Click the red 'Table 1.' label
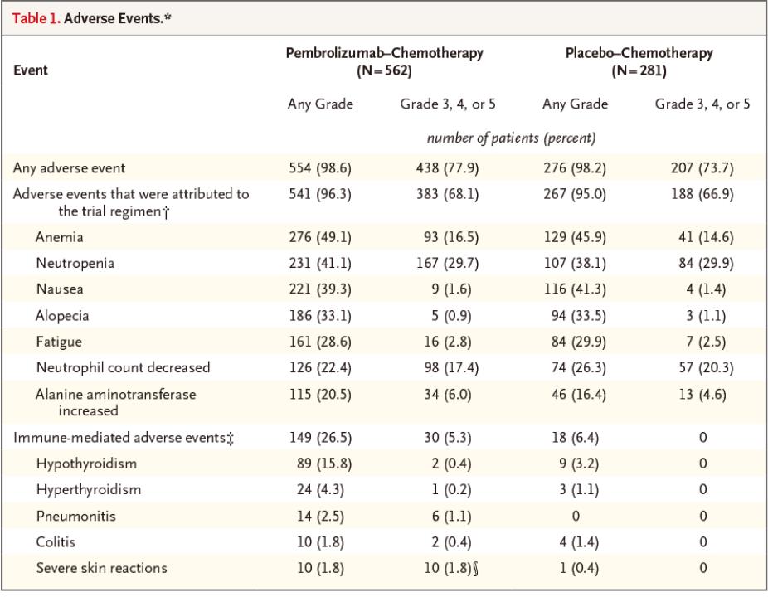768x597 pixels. (36, 18)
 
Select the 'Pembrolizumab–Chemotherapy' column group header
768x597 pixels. (385, 53)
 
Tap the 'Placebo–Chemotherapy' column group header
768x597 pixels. (639, 53)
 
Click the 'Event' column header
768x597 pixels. (31, 70)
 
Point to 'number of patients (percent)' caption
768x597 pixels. (512, 138)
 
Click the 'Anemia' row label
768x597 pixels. (59, 237)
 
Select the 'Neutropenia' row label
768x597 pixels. (75, 264)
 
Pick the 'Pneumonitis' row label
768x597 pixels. (76, 517)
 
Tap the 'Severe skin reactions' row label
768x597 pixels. (101, 568)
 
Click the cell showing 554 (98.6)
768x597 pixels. (320, 168)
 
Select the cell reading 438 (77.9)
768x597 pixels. (448, 168)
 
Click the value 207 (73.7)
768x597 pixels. (702, 168)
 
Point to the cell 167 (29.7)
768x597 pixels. (448, 264)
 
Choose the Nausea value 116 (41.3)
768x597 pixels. (575, 289)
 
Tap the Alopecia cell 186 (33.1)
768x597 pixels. (320, 316)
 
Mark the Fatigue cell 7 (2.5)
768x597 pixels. (706, 342)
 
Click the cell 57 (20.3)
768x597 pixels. (706, 368)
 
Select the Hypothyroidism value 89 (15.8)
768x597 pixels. (323, 464)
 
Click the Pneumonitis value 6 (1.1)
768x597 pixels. (451, 517)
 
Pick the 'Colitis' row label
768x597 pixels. (56, 542)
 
